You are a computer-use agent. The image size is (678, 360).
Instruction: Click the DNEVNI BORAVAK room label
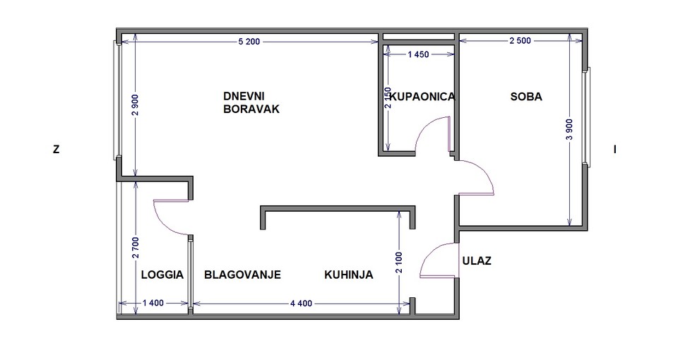point(251,102)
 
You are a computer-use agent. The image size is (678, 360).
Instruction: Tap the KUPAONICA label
point(422,97)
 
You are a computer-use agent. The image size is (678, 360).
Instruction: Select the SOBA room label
point(525,97)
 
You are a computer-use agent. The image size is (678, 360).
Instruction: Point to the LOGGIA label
point(162,275)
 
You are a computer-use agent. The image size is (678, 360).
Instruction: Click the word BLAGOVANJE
point(242,275)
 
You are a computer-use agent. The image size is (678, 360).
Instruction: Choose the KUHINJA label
point(348,275)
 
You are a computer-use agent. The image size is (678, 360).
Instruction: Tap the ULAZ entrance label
point(477,260)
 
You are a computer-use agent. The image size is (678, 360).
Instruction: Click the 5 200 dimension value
point(249,42)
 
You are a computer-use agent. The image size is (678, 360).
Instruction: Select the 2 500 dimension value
point(520,41)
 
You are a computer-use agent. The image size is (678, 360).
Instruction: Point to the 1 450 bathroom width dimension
point(418,54)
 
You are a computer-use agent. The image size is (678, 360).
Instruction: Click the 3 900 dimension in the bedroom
point(569,130)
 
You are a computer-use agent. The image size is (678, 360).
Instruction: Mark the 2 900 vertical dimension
point(136,105)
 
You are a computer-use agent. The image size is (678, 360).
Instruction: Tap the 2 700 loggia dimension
point(136,248)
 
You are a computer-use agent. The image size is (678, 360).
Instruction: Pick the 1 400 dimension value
point(153,303)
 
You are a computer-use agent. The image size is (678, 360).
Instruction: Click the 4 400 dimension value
point(301,304)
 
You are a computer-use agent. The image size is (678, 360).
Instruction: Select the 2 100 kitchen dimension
point(398,263)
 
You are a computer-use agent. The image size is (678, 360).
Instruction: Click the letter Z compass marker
point(56,150)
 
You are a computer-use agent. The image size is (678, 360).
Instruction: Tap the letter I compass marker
point(615,150)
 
